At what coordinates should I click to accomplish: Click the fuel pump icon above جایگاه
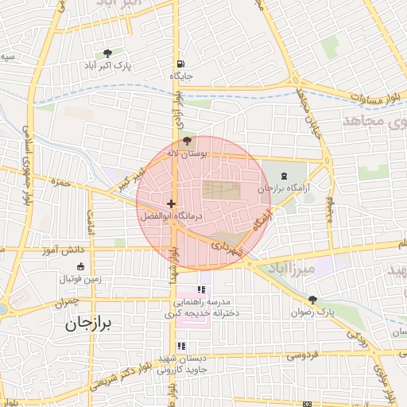pyautogui.click(x=181, y=64)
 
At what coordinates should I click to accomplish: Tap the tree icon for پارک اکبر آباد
pyautogui.click(x=108, y=52)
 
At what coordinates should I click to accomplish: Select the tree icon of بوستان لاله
pyautogui.click(x=187, y=141)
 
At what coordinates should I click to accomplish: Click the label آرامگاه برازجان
pyautogui.click(x=281, y=188)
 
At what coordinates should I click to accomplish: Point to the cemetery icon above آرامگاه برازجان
pyautogui.click(x=285, y=176)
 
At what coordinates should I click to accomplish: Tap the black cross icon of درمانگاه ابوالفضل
pyautogui.click(x=170, y=204)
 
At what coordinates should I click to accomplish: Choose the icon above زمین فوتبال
pyautogui.click(x=79, y=267)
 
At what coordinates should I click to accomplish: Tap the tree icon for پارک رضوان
pyautogui.click(x=312, y=300)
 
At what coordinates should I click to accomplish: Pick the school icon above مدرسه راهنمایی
pyautogui.click(x=201, y=290)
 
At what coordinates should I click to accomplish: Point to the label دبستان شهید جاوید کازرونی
pyautogui.click(x=182, y=364)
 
